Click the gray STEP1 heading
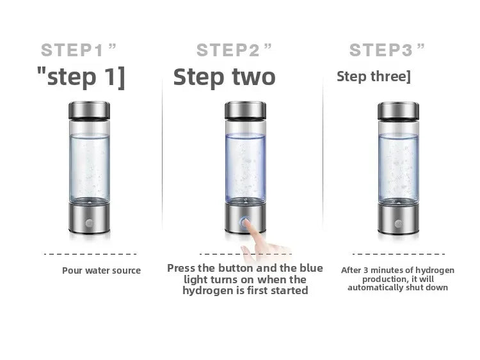79,49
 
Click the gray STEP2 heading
234,49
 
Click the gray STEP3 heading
387,49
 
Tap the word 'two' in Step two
251,77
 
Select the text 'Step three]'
374,77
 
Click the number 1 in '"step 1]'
109,77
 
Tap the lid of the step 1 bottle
89,111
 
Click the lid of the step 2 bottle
246,111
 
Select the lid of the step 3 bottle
398,111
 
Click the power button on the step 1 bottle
89,224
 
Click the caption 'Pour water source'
101,270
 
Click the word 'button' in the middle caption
239,268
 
